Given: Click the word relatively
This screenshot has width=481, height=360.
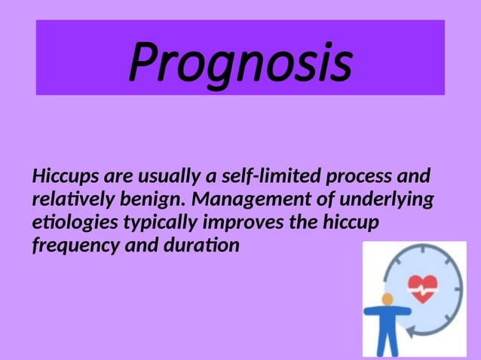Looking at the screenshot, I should point(72,200).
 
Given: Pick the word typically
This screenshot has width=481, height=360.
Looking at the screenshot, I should point(160,224).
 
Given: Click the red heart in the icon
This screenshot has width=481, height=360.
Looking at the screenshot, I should point(421,285).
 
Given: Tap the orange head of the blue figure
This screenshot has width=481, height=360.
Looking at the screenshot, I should point(388,299).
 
